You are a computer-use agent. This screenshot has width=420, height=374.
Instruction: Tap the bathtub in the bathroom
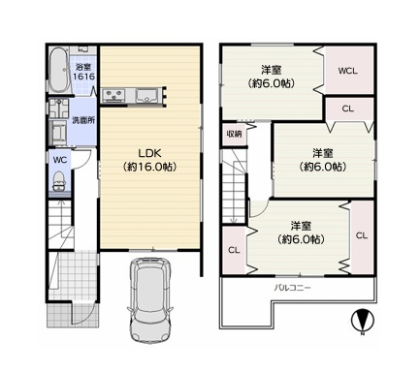[x=59, y=71]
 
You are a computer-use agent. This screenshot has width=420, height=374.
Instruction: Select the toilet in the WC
[x=58, y=181]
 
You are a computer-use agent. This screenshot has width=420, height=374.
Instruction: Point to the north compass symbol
[x=363, y=321]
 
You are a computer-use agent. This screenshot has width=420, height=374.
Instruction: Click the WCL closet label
[x=348, y=71]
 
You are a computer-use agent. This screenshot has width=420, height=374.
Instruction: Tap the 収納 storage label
[x=234, y=134]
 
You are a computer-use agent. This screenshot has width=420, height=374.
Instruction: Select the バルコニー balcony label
[x=292, y=287]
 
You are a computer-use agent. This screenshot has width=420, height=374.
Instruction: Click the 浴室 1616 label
[x=83, y=72]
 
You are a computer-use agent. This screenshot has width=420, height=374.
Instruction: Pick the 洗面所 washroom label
[x=83, y=120]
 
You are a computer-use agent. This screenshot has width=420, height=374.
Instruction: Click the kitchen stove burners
[x=113, y=96]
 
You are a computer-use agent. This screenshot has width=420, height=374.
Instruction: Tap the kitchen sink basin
[x=146, y=96]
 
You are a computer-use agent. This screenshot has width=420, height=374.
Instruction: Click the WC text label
[x=60, y=160]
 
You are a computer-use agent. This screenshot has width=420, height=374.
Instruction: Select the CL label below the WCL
[x=348, y=109]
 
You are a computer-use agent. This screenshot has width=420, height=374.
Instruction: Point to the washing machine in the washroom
[x=58, y=133]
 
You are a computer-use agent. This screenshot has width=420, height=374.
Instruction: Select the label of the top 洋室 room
[x=272, y=77]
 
